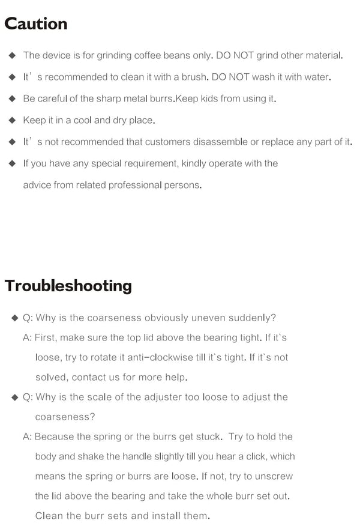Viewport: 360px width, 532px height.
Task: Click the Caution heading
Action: [36, 24]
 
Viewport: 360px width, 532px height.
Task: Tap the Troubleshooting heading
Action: [68, 285]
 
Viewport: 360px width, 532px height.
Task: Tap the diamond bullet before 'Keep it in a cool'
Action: [12, 121]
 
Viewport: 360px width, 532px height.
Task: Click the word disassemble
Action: [223, 142]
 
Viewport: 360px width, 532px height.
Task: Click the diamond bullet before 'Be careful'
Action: [12, 99]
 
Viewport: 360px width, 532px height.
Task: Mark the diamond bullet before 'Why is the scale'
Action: [14, 397]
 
